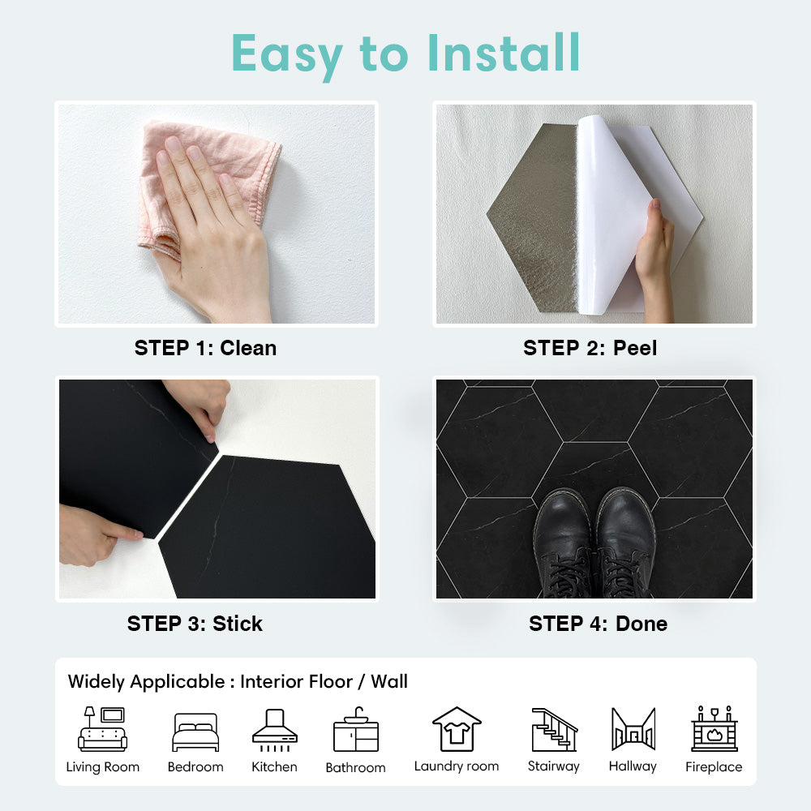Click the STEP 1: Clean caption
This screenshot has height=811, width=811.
coord(205,348)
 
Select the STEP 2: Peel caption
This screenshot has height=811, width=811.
coord(590,348)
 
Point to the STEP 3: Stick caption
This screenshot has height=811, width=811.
coord(195,624)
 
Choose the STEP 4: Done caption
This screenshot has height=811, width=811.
coord(598,624)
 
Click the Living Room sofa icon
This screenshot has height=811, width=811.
coord(102,729)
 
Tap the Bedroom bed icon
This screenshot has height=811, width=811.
coord(195,732)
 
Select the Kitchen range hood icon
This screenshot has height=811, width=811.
coord(275,730)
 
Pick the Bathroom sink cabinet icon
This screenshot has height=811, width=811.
coord(356,729)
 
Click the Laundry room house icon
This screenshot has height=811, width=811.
coord(457,729)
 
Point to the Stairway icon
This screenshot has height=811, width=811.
coord(554,729)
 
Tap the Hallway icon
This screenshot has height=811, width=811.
coord(633,729)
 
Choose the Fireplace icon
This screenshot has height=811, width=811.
coord(714,728)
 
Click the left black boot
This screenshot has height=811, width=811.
coord(563,544)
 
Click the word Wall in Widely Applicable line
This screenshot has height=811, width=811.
coord(389,681)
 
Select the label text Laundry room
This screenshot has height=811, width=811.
coord(457,766)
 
